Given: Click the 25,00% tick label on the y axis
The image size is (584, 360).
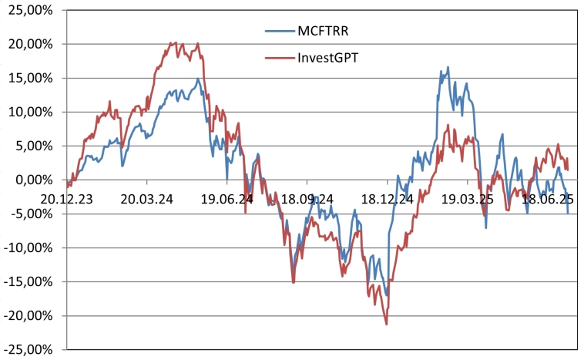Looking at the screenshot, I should tap(28, 10).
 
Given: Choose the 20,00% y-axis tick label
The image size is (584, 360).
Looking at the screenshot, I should tap(28, 44).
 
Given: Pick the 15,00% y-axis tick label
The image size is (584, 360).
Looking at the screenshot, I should tap(28, 78).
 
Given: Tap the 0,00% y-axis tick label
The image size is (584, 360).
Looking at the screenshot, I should tap(31, 180).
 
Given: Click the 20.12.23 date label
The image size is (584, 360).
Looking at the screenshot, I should tap(69, 199).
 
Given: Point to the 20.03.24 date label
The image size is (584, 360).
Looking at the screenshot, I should tap(148, 199).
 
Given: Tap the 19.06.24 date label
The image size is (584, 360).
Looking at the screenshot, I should tap(227, 199).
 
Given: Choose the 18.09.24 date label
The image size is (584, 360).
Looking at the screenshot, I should tap(307, 199).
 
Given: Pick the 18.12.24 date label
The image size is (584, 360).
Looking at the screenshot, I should tap(388, 199).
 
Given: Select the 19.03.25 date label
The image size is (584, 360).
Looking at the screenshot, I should tap(467, 199).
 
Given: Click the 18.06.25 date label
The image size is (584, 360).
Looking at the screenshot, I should tap(547, 199).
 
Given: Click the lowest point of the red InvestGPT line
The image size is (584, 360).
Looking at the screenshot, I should tap(386, 324).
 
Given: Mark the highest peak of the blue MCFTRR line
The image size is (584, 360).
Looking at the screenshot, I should tap(448, 68).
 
